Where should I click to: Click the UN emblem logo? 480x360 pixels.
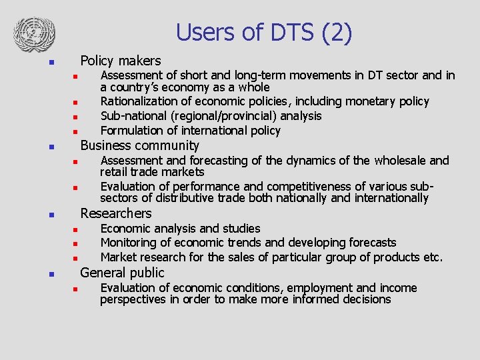pos(35,32)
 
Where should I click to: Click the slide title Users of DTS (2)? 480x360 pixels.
pos(264,33)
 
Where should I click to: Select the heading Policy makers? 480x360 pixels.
pos(121,61)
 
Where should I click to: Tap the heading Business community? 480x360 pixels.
pos(139,145)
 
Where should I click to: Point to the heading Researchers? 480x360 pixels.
pos(116,213)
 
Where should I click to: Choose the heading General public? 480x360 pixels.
pos(122,273)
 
